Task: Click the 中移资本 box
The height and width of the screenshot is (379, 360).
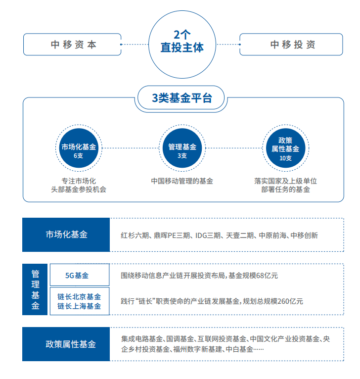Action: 74,45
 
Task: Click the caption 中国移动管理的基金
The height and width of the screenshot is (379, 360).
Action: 182,181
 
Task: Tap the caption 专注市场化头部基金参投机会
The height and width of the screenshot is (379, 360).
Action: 79,185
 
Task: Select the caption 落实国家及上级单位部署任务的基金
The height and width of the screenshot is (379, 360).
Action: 285,185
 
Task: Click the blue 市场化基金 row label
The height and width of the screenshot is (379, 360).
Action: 66,235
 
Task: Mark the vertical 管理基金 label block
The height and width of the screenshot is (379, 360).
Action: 36,289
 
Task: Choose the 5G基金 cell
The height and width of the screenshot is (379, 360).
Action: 80,275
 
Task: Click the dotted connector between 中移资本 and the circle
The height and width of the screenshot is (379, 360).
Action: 135,45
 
